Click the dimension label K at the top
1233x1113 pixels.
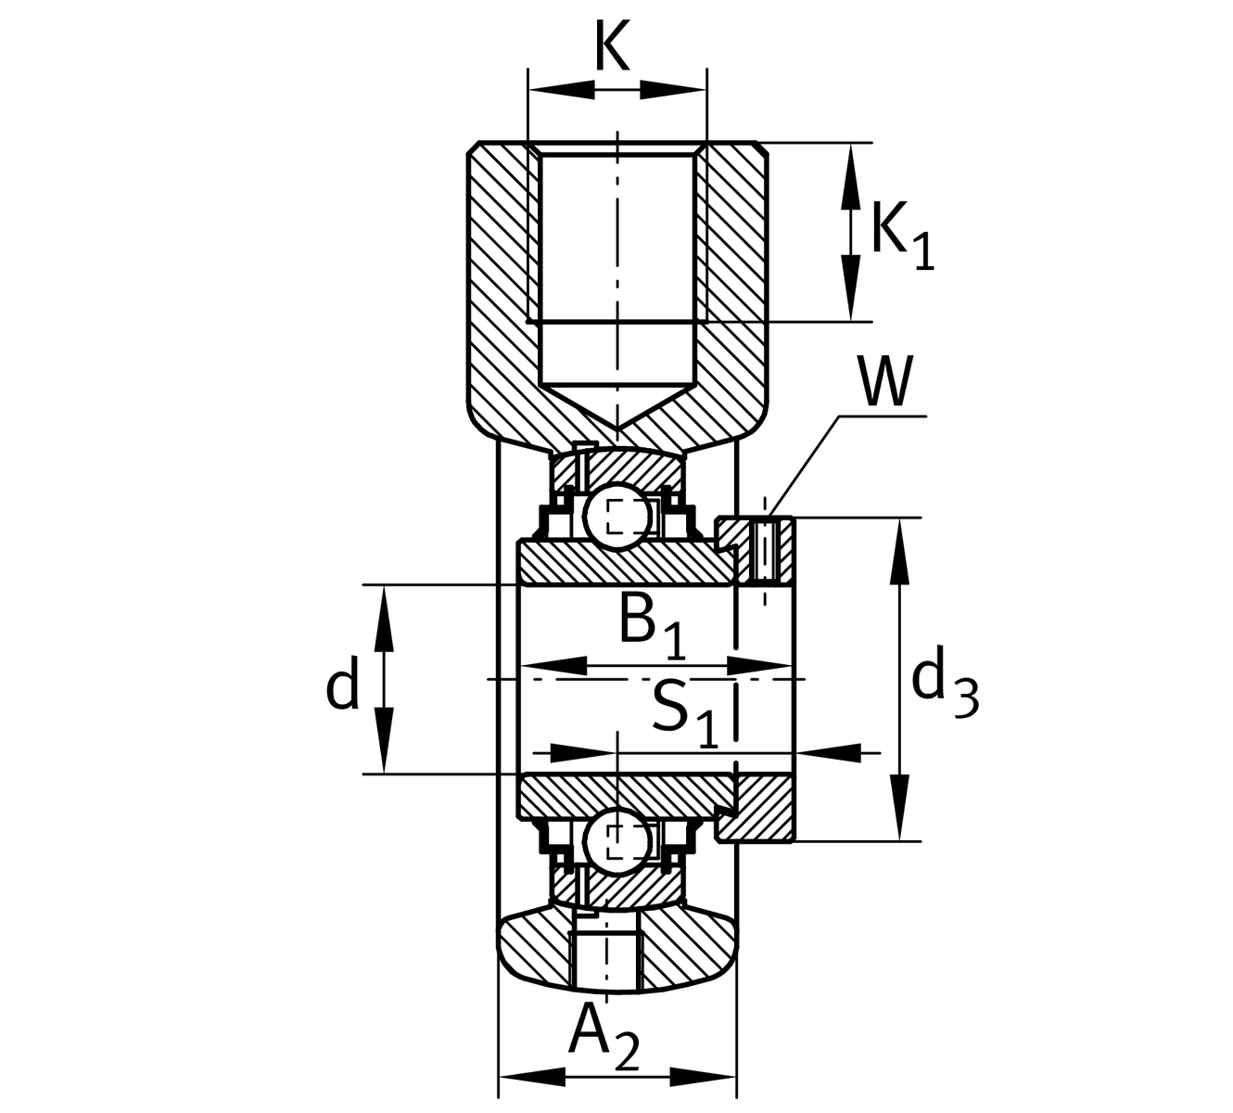pyautogui.click(x=612, y=48)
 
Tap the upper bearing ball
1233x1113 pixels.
pyautogui.click(x=616, y=516)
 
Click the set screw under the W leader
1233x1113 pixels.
pyautogui.click(x=765, y=552)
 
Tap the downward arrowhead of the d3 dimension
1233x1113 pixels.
pyautogui.click(x=897, y=816)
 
